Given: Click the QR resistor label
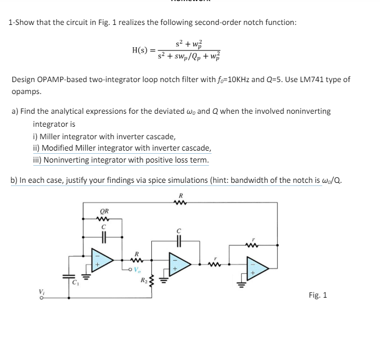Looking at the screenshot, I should [x=104, y=210].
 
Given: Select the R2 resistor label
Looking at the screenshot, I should [x=143, y=282].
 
